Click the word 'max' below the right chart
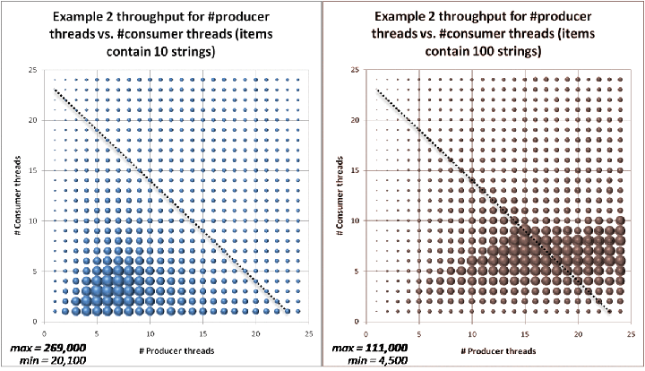tap(344, 347)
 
